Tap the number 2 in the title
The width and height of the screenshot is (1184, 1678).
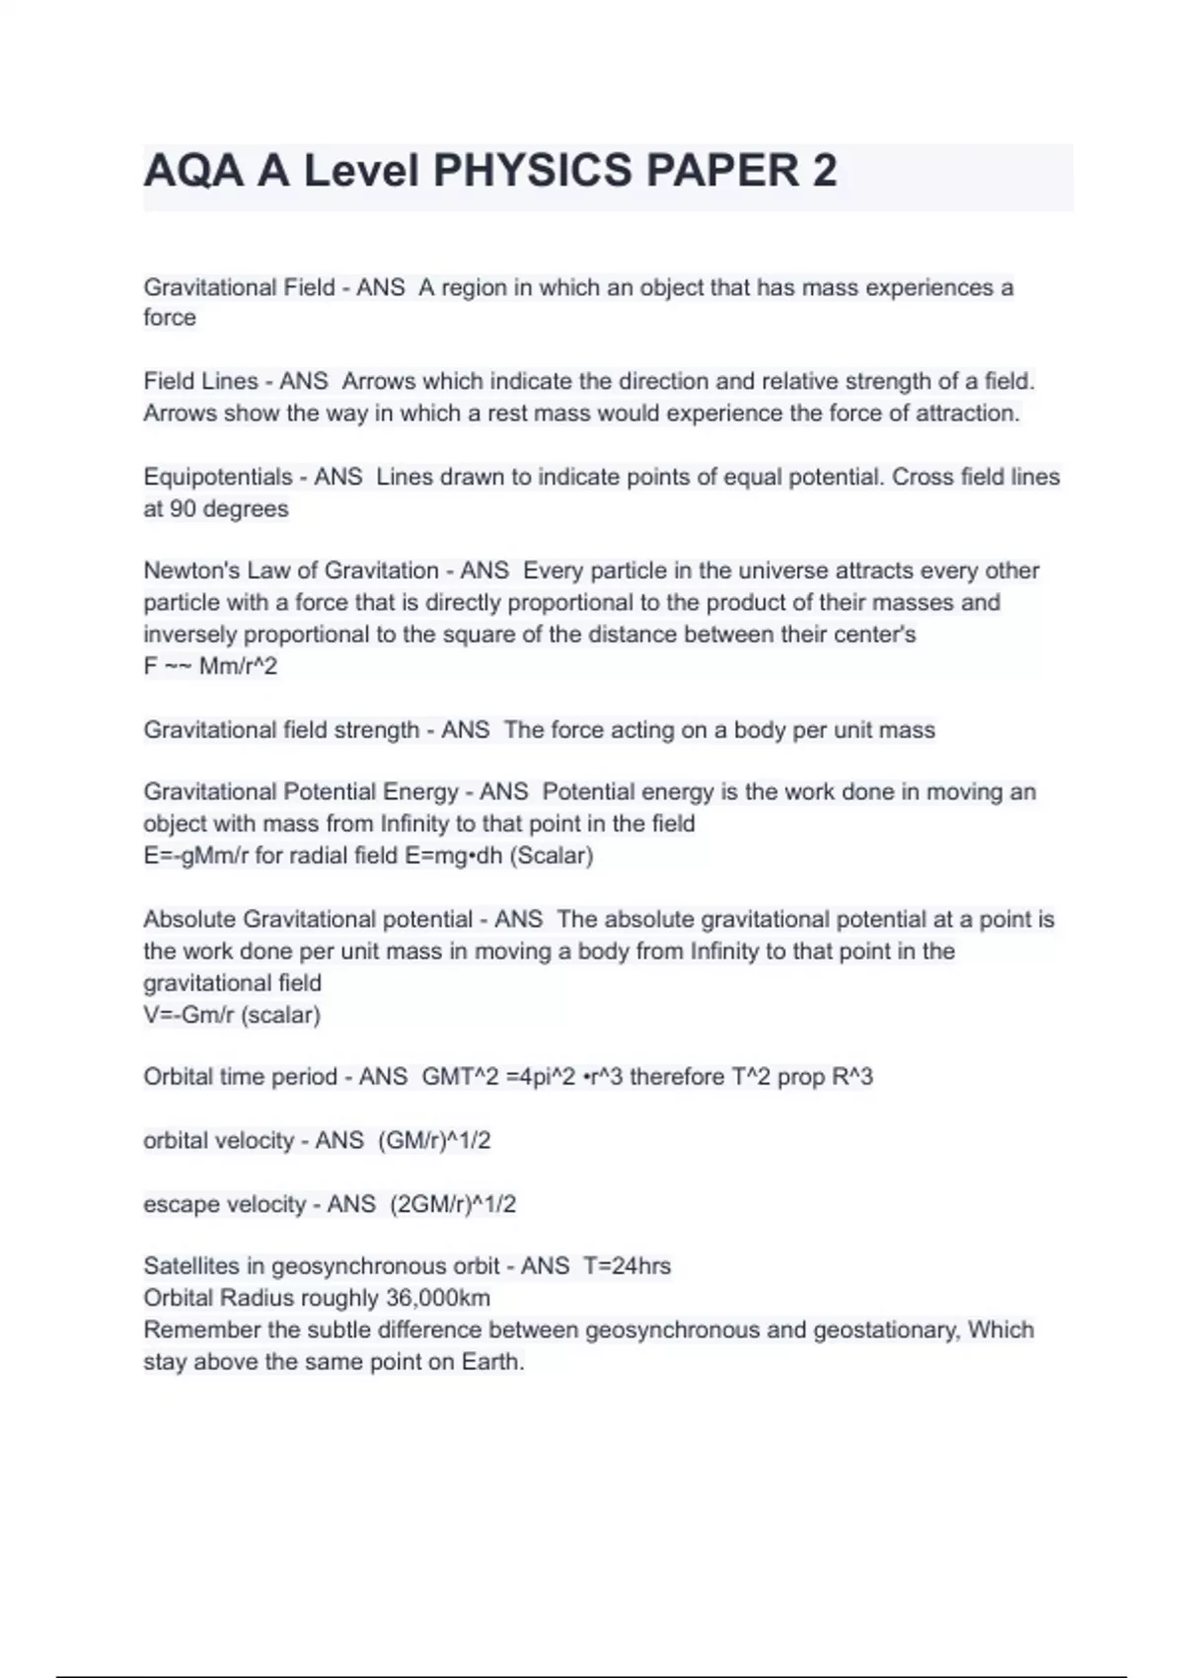click(x=825, y=171)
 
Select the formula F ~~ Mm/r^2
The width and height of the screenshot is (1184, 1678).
click(x=210, y=666)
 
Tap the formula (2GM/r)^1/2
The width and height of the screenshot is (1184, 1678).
click(x=453, y=1204)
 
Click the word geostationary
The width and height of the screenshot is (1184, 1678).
click(x=884, y=1330)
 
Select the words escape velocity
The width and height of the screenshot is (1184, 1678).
click(x=224, y=1204)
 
